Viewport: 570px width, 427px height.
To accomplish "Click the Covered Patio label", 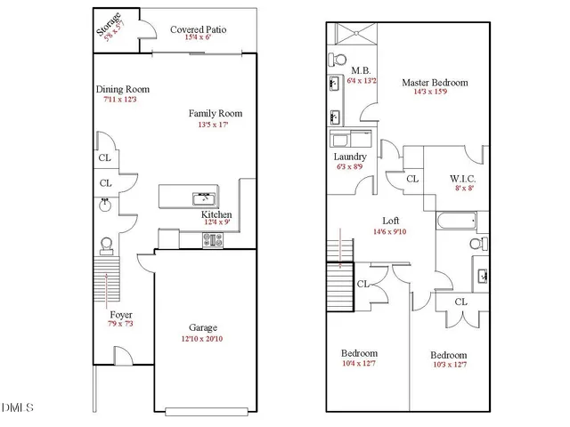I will (x=198, y=29).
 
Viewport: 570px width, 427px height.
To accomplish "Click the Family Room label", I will (x=215, y=114).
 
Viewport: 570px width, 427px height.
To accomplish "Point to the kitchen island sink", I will (x=202, y=197).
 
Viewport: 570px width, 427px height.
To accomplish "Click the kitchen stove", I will (x=215, y=238).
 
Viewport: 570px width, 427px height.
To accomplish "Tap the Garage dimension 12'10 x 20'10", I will (x=204, y=339).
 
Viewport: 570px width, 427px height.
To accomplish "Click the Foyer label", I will (x=121, y=315).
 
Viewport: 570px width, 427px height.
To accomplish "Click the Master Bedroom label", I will (x=434, y=83).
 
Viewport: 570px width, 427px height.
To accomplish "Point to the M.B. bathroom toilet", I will (x=337, y=60).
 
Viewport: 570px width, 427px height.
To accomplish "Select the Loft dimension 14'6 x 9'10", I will (x=390, y=231).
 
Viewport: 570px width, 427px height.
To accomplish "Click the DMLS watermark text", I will (x=17, y=408).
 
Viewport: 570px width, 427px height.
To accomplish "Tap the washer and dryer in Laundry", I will (x=350, y=139).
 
